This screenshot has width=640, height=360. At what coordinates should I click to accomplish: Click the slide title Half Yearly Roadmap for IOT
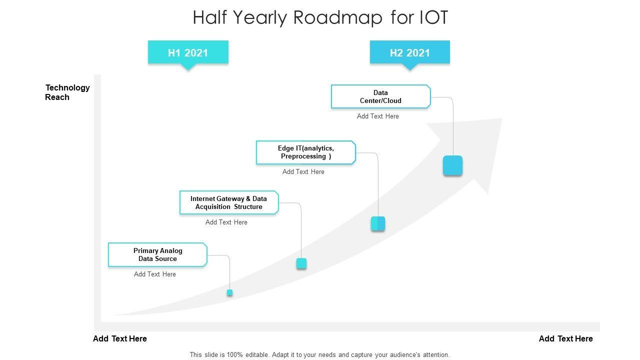(320, 17)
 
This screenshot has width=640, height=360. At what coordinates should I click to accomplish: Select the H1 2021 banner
(188, 52)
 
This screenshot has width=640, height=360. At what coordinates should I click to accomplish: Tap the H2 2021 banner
(409, 52)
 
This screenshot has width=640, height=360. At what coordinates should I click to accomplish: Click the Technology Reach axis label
(67, 92)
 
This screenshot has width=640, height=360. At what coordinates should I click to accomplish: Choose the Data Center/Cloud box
(380, 96)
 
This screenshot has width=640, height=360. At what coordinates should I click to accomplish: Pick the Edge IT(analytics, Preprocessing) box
(305, 152)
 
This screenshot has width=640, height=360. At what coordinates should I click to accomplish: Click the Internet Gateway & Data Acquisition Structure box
(228, 202)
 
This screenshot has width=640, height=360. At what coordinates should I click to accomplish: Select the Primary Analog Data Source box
(157, 254)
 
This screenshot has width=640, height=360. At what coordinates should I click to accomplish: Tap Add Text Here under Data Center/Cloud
(377, 116)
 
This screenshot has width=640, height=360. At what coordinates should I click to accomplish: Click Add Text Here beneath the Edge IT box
(303, 172)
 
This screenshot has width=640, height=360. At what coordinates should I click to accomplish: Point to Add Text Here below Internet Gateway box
(226, 222)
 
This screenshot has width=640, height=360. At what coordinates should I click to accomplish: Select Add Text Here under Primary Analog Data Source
(154, 274)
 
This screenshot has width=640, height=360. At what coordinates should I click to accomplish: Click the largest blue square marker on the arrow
(452, 165)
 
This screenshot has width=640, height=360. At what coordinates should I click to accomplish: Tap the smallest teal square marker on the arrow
(229, 292)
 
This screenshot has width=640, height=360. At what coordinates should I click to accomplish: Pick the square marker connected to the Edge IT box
(378, 223)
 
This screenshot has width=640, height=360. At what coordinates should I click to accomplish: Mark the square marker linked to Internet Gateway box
(301, 263)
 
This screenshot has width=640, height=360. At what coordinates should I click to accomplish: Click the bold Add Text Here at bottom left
(120, 339)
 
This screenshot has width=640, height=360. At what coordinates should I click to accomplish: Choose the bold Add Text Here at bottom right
(565, 339)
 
